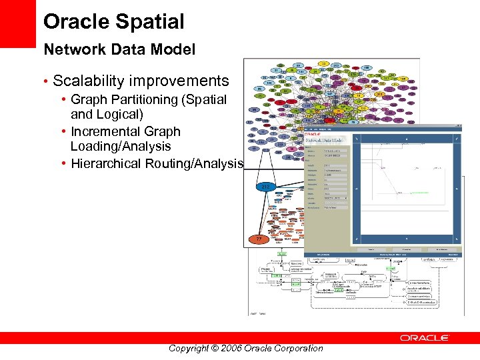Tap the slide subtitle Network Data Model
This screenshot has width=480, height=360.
coord(119,49)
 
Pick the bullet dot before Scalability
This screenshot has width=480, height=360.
coord(45,82)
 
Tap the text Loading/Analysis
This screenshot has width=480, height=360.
coord(121,146)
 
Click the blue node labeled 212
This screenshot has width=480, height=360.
coord(265,186)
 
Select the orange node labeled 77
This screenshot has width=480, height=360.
coord(259,239)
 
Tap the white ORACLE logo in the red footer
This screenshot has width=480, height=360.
coord(424,338)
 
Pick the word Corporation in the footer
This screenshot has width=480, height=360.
coord(299,348)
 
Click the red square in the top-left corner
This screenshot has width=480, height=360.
coord(17,23)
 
